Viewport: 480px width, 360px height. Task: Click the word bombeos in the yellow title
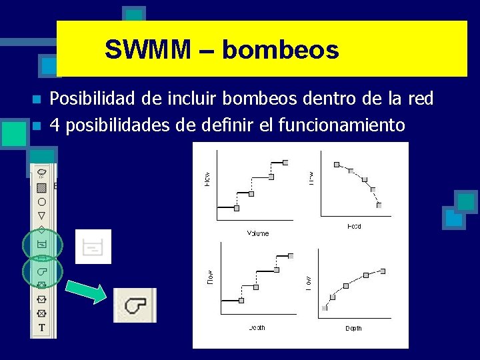(280, 50)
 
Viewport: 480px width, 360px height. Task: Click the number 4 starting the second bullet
(55, 125)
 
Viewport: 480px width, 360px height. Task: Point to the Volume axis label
(257, 233)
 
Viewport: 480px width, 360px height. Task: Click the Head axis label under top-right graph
(354, 227)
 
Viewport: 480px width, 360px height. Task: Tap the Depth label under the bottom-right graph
(353, 328)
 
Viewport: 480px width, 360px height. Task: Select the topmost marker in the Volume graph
(285, 162)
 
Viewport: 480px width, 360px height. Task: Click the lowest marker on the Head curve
(379, 205)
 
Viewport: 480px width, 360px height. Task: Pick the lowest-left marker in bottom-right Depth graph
(325, 308)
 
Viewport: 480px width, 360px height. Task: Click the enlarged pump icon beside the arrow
(135, 305)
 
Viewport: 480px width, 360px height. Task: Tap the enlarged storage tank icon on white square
(93, 247)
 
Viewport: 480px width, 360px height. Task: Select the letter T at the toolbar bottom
(42, 328)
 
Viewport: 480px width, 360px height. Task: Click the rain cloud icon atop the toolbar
(41, 172)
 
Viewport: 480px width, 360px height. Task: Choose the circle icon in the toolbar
(41, 201)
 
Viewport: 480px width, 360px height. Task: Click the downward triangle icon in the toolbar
(41, 215)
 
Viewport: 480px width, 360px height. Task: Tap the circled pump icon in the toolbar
(41, 272)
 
